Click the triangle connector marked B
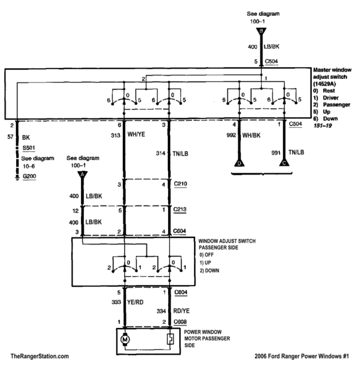262,30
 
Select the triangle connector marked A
80,175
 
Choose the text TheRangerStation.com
40,356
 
